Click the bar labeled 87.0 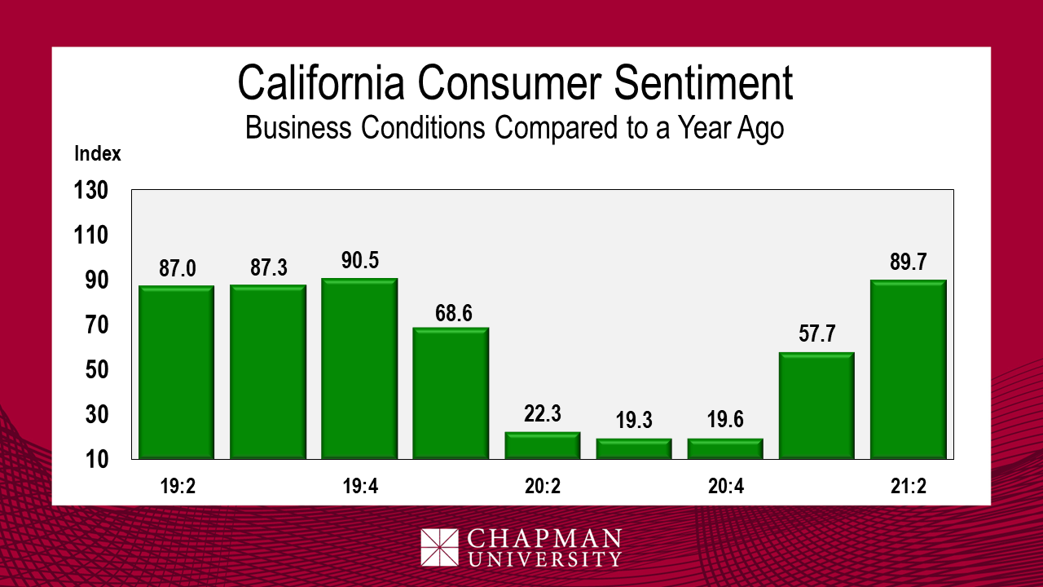[177, 372]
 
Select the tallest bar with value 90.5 [359, 369]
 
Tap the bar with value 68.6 [451, 393]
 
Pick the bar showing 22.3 [542, 445]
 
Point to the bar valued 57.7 [816, 405]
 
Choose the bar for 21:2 [908, 369]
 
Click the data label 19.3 [634, 421]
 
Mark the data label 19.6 [725, 421]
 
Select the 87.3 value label [269, 267]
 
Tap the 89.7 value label [908, 263]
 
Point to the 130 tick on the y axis [91, 191]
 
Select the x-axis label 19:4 [359, 487]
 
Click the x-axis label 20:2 [542, 487]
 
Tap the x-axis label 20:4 [725, 487]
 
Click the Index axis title [98, 153]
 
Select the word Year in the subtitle [668, 128]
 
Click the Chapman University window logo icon [440, 547]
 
